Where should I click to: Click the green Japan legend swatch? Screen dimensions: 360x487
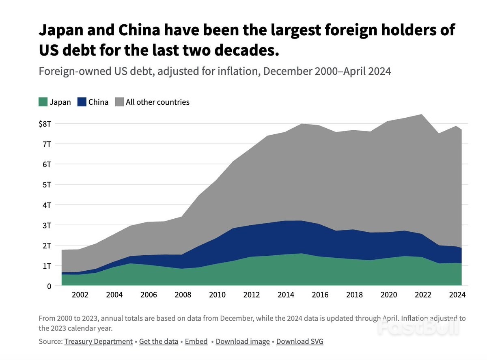pos(43,102)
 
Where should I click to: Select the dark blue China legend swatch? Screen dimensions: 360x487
pos(82,102)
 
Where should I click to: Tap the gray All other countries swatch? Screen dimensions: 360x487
pos(119,102)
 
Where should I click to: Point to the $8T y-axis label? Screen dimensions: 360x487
pos(45,123)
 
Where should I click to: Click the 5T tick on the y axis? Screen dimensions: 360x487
pos(46,184)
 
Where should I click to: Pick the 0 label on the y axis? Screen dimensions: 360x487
pos(48,286)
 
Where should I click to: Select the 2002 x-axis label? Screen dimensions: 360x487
pos(80,295)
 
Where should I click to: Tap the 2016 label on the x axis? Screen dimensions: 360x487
pos(321,295)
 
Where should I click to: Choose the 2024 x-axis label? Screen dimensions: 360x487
pos(458,295)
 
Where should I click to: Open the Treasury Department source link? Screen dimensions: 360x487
pos(98,341)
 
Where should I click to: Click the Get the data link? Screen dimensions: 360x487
pos(159,341)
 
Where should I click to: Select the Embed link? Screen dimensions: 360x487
pos(196,341)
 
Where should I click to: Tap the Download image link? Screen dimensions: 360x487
pos(243,341)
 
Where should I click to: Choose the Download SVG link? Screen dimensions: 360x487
pos(300,341)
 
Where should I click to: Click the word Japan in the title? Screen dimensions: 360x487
pos(62,30)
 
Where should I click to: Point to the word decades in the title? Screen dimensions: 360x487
pos(245,50)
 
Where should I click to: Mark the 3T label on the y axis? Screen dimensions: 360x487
pos(46,225)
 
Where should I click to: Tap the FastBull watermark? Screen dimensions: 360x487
pos(418,327)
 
